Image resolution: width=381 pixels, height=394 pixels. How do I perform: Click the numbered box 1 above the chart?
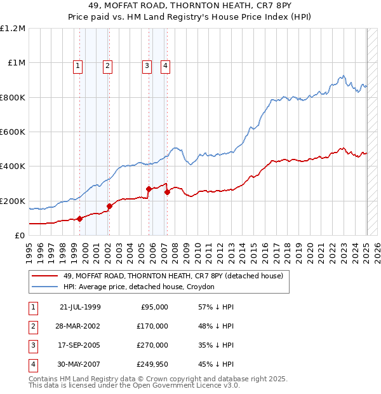(x=77, y=65)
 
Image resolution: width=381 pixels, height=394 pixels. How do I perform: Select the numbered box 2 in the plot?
(x=108, y=65)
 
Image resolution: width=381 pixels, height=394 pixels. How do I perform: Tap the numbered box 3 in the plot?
(x=147, y=65)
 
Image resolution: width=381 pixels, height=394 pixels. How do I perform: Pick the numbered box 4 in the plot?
(x=165, y=65)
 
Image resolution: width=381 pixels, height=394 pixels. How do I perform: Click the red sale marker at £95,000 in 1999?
(x=80, y=219)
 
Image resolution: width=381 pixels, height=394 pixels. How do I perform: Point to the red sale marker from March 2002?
(x=109, y=206)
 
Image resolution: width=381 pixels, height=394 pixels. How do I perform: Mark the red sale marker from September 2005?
(x=149, y=189)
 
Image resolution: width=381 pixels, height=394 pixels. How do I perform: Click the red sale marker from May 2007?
(x=167, y=192)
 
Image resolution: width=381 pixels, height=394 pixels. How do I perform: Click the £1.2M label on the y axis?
(x=13, y=29)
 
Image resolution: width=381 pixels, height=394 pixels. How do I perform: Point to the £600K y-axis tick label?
(x=13, y=132)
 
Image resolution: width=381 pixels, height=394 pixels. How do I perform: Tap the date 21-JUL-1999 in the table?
(x=80, y=307)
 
